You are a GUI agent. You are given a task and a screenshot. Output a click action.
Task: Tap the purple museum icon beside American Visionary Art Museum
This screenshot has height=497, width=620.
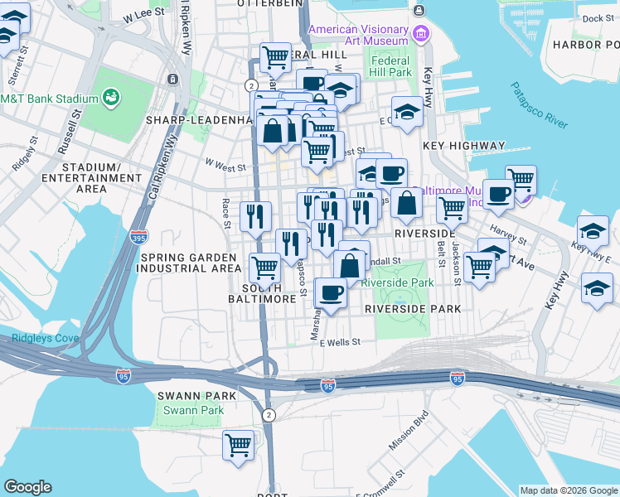(422, 35)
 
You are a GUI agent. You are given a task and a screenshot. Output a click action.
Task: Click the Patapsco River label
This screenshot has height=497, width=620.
(539, 105)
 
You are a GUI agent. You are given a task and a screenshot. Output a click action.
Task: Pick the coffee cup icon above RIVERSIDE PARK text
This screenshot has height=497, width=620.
(332, 292)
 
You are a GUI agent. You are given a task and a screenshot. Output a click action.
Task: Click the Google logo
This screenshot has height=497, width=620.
(27, 487)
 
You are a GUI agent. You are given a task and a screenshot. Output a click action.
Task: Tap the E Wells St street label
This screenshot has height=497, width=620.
(341, 342)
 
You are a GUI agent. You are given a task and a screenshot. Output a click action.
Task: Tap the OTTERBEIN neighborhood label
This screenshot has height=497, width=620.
(265, 4)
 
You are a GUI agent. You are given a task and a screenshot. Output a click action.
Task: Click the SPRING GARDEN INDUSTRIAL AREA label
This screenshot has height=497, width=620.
(189, 263)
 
